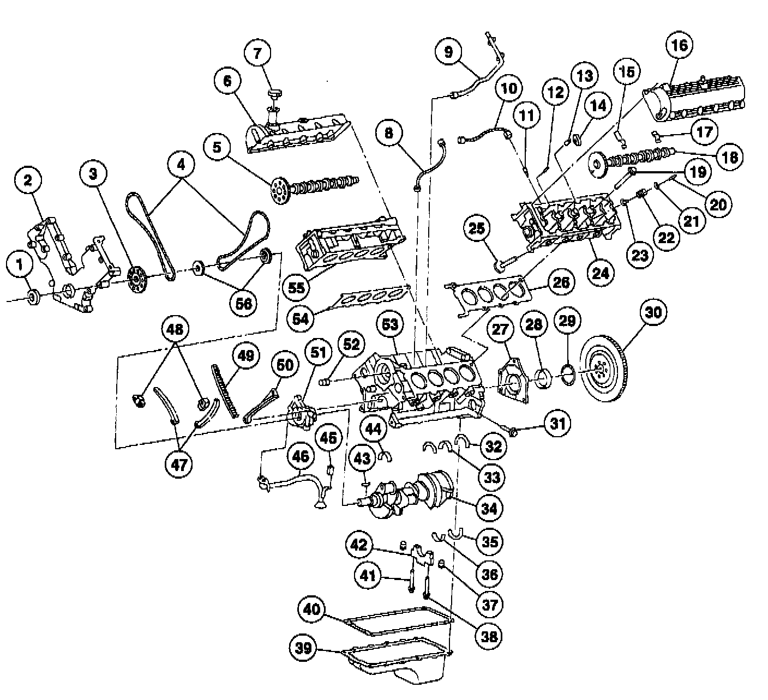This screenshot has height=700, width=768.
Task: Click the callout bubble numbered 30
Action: click(x=653, y=312)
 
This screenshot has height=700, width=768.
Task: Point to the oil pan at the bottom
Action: click(x=398, y=662)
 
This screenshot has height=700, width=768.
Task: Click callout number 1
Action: click(x=21, y=265)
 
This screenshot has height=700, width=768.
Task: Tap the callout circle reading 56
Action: click(x=243, y=303)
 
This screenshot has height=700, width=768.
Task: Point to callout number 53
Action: click(x=390, y=325)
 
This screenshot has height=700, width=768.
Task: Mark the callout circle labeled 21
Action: click(x=691, y=221)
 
